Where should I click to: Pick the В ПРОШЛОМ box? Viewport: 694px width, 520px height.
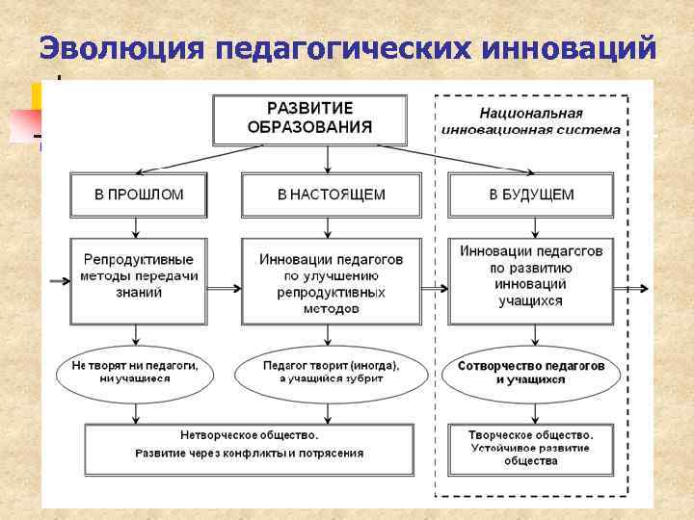click(x=139, y=195)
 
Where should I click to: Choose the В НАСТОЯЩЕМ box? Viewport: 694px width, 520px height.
click(x=331, y=195)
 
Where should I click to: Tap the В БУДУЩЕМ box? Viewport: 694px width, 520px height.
click(x=530, y=195)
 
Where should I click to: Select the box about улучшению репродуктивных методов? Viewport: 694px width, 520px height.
click(x=331, y=283)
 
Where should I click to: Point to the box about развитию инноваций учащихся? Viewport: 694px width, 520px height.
click(x=530, y=275)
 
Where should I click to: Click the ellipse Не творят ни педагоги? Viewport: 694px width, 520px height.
click(x=134, y=373)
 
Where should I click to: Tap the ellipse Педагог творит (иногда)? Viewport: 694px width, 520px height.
click(x=331, y=373)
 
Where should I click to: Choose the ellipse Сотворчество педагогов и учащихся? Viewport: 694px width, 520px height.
click(x=530, y=373)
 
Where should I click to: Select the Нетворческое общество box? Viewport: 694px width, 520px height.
click(x=249, y=444)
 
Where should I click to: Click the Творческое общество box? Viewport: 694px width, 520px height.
click(x=530, y=447)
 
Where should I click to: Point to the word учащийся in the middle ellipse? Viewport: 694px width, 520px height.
click(x=316, y=379)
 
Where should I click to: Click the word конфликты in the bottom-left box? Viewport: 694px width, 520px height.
click(x=257, y=454)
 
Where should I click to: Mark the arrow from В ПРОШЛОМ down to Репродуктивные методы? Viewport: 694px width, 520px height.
click(x=139, y=226)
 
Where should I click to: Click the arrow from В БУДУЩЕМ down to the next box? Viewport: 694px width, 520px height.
click(x=530, y=226)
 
